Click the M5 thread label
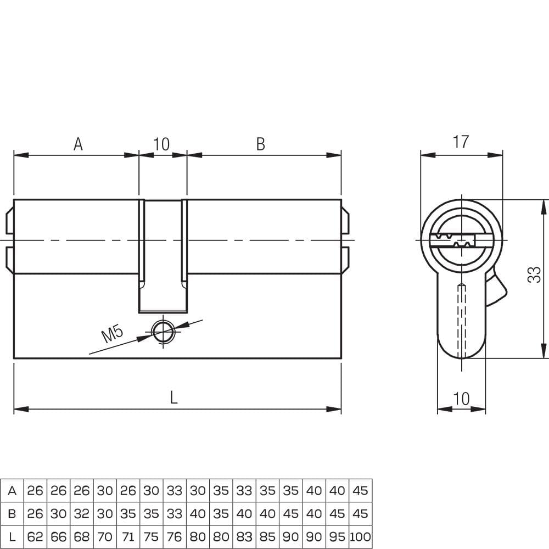tap(113, 334)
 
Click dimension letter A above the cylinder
tap(78, 144)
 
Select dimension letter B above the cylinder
tap(260, 144)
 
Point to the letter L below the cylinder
tap(173, 397)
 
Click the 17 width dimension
tap(461, 142)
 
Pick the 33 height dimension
tap(534, 274)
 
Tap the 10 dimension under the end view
tap(461, 399)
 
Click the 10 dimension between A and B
tap(161, 144)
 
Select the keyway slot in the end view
tap(452, 240)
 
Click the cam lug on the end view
tap(496, 290)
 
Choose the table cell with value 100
tap(360, 537)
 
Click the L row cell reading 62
tap(35, 537)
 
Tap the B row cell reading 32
tap(82, 514)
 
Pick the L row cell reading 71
tap(128, 537)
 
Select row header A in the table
tap(12, 491)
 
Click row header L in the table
tap(12, 537)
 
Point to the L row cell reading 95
tap(337, 537)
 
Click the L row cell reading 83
tap(244, 537)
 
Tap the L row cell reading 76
tap(175, 537)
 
